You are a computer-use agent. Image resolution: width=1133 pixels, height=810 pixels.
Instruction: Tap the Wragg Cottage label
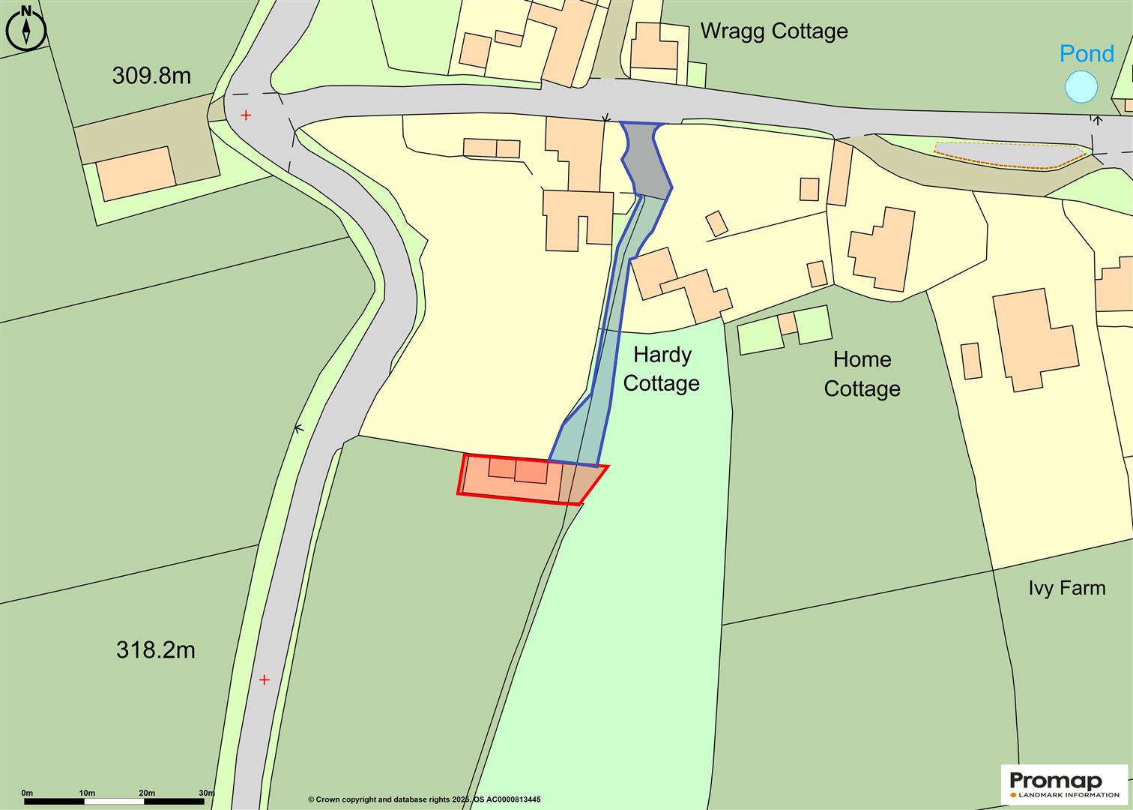coord(773,31)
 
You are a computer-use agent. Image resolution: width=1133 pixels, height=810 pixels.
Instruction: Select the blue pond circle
coord(1081,87)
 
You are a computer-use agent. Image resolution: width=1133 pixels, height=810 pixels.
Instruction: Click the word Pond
coord(1087,54)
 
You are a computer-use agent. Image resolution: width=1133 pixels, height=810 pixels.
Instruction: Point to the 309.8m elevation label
coord(151,76)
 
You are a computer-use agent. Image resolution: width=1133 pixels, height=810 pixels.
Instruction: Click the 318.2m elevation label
coord(155,649)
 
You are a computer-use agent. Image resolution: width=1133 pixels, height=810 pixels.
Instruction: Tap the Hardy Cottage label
coord(661,369)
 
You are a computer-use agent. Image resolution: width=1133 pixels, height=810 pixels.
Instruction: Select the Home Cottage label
coord(862,374)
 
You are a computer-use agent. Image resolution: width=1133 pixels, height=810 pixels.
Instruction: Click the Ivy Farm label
coord(1066,588)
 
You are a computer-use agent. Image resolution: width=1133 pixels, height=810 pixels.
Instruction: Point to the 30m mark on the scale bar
coord(206,793)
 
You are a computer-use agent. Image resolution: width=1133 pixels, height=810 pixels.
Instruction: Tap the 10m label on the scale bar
coord(86,793)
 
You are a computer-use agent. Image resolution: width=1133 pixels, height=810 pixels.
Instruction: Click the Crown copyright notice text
coord(424,799)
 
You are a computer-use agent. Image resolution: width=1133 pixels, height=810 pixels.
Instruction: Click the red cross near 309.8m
coord(246,115)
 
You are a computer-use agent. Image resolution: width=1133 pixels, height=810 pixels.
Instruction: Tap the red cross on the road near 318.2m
coord(264,680)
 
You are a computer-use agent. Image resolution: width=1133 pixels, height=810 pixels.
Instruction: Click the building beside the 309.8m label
coord(136,172)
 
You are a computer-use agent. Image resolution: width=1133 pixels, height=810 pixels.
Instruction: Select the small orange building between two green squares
coord(787,324)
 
